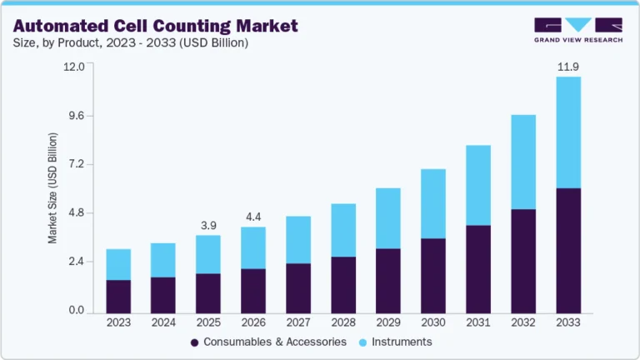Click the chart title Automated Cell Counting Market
pos(155,26)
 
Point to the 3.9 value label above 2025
pos(208,225)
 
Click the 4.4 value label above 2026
pos(253,217)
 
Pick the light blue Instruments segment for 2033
pos(568,132)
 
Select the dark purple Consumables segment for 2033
pos(568,251)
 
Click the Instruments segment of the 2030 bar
pos(433,204)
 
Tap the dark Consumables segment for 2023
pos(118,297)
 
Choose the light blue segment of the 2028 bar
pos(343,230)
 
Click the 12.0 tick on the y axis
pos(75,67)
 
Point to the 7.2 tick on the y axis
pos(77,164)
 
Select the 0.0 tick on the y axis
pos(77,311)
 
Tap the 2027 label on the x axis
pos(298,322)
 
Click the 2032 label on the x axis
pos(523,322)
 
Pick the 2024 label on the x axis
pos(163,322)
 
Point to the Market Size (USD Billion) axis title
pos(52,187)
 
